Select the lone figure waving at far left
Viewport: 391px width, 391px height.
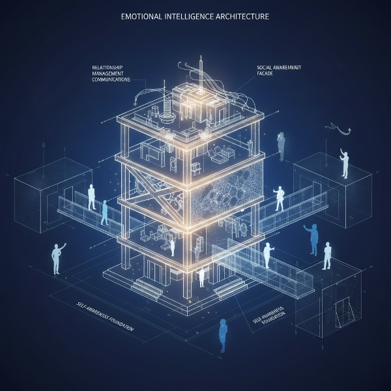click(57, 257)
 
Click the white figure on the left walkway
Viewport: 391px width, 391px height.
click(92, 196)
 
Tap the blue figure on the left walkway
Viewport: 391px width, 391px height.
click(104, 213)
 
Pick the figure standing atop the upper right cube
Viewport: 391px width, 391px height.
click(343, 163)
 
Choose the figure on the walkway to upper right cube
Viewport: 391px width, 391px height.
click(280, 198)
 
